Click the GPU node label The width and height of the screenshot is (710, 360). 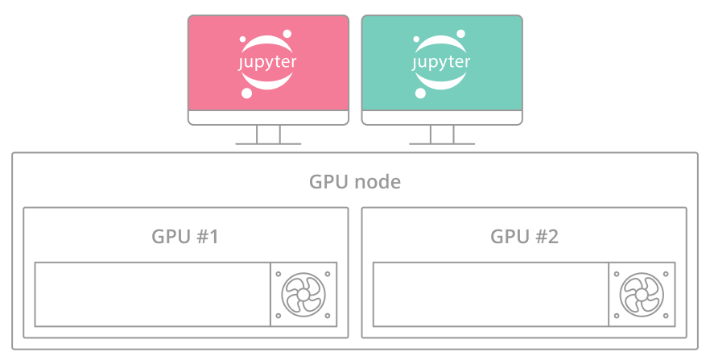[355, 182]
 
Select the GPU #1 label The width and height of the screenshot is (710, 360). [185, 237]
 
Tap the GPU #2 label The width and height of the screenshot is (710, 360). [524, 237]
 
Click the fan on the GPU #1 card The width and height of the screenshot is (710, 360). [303, 295]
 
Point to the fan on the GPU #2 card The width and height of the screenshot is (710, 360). [642, 295]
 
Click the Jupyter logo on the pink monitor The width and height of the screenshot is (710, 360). [268, 63]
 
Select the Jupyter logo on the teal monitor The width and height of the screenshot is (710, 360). [442, 63]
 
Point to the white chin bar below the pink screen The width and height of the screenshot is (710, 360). [268, 117]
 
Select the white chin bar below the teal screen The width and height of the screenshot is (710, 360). [442, 117]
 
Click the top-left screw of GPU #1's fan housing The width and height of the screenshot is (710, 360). [279, 272]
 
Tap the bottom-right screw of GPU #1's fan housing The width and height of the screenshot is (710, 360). [328, 317]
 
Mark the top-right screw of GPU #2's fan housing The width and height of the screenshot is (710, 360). [667, 272]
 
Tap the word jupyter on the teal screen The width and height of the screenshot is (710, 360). [442, 62]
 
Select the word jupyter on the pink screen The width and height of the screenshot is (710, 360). [268, 62]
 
